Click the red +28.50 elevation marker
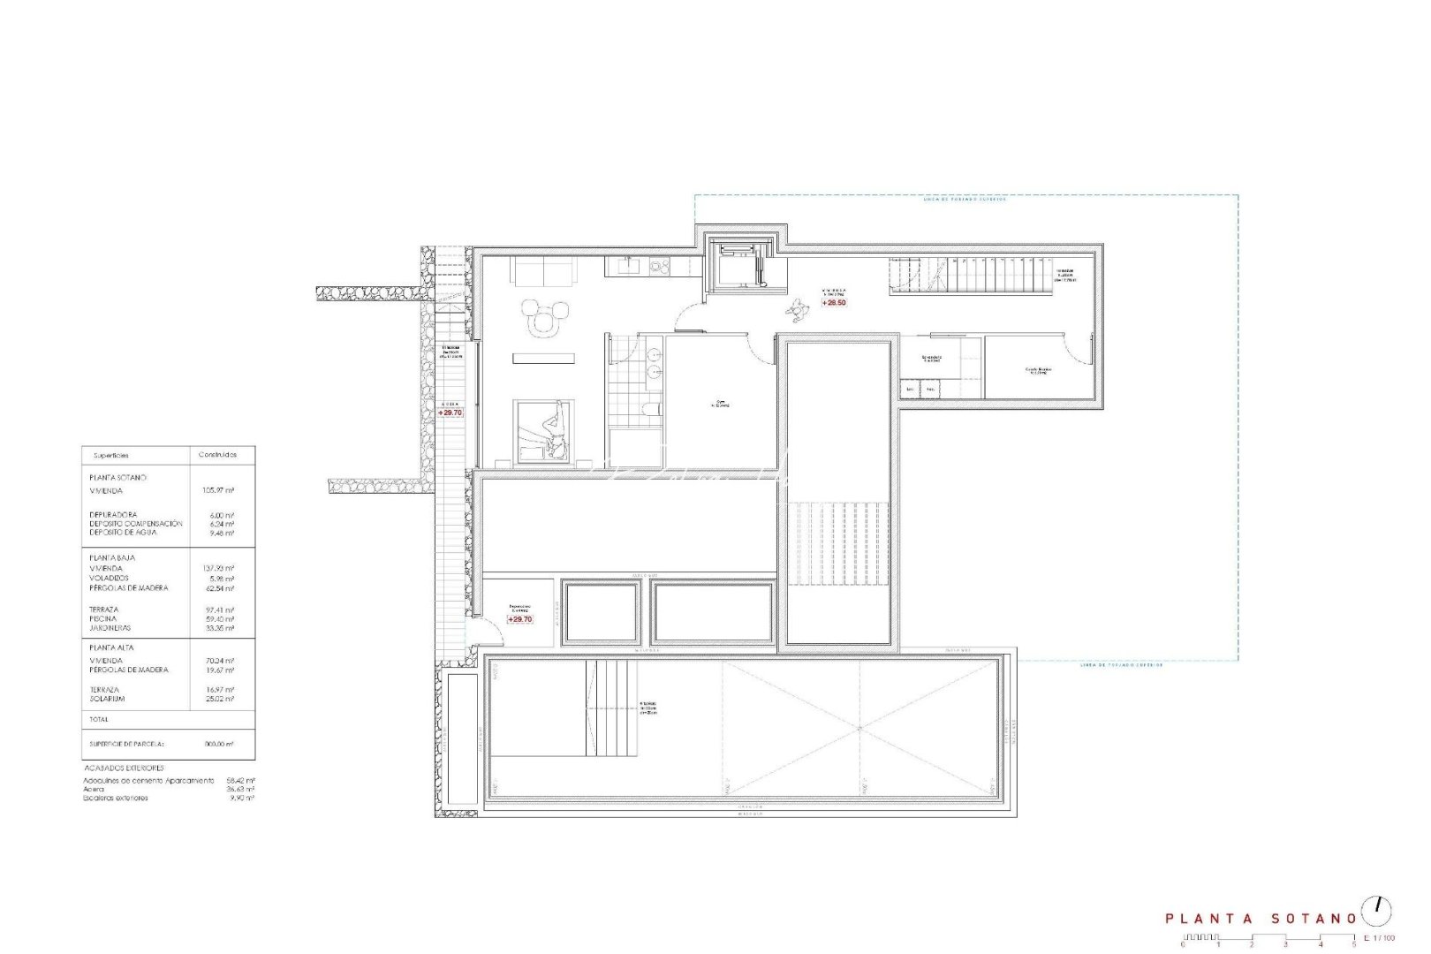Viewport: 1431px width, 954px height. click(834, 302)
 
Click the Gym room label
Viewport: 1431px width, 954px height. click(721, 404)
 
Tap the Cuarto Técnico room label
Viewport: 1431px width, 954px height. click(1038, 370)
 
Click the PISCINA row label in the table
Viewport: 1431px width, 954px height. click(103, 619)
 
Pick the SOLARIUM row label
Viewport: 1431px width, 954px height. click(107, 699)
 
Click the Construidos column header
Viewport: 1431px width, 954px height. click(218, 455)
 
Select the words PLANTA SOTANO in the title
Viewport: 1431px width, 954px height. click(1261, 919)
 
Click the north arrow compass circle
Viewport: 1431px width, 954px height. click(1375, 910)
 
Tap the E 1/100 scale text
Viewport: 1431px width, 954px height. click(1379, 937)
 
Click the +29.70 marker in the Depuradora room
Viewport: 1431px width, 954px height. click(519, 619)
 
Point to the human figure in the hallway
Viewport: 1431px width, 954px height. click(800, 310)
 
